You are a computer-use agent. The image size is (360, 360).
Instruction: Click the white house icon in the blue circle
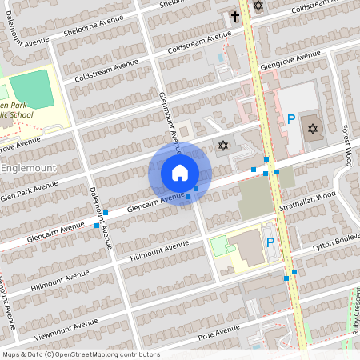coord(180,173)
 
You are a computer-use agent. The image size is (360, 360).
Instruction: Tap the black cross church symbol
coord(235,15)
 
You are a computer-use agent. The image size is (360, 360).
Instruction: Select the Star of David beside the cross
coord(258,6)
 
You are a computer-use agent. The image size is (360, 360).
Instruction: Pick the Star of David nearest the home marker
coord(222,146)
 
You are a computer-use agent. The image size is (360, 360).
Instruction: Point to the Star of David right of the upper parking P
coord(312,128)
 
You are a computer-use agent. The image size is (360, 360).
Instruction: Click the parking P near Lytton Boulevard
coord(270,242)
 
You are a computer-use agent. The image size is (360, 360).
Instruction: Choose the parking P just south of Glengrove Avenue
coord(291,118)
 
